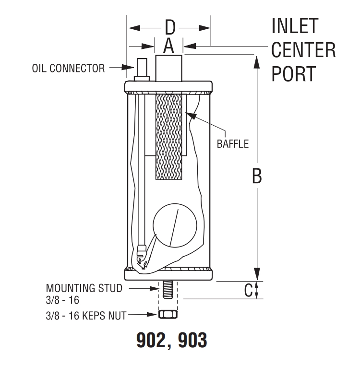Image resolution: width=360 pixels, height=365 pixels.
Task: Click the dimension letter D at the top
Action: click(169, 28)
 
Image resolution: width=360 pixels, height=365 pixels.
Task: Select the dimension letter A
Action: click(168, 46)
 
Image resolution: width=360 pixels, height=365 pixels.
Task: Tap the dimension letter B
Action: click(257, 176)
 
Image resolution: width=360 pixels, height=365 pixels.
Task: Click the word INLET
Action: click(294, 26)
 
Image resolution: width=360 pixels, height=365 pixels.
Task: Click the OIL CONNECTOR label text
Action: click(68, 68)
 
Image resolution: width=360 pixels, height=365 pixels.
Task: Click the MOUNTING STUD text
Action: click(84, 289)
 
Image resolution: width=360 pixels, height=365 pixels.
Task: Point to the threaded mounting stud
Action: click(168, 290)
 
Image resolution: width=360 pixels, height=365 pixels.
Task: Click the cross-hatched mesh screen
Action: click(170, 137)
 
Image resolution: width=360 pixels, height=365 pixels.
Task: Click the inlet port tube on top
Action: click(169, 68)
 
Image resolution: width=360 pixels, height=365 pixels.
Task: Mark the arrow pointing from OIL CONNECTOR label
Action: click(118, 68)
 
